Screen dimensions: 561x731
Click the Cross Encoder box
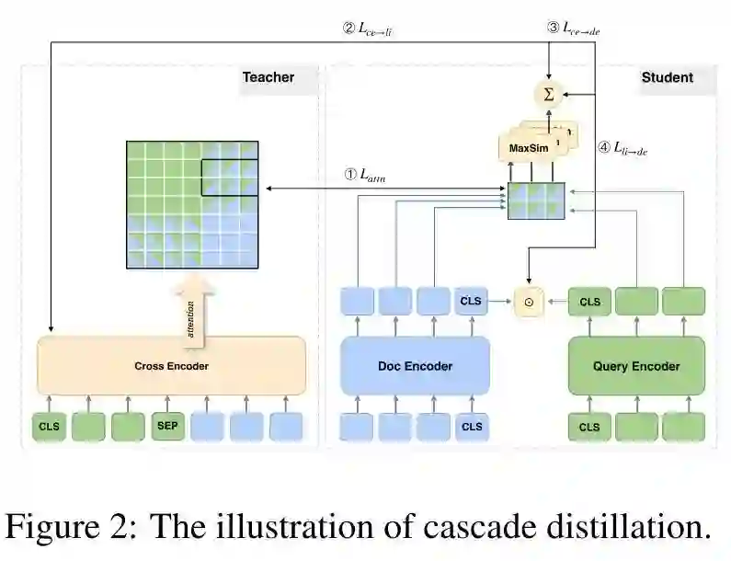pyautogui.click(x=171, y=366)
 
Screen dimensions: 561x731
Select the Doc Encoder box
pyautogui.click(x=415, y=366)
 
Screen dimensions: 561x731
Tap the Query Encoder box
pyautogui.click(x=636, y=366)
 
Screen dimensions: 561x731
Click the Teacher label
pyautogui.click(x=268, y=77)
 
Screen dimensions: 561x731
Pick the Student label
pyautogui.click(x=667, y=77)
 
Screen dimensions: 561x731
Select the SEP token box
pyautogui.click(x=166, y=426)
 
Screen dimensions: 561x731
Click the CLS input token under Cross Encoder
pyautogui.click(x=51, y=426)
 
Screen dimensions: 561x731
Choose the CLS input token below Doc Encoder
pyautogui.click(x=472, y=426)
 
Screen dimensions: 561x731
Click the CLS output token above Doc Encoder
pyautogui.click(x=472, y=301)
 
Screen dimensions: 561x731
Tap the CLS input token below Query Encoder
pyautogui.click(x=589, y=426)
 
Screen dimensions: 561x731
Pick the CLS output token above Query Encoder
pyautogui.click(x=589, y=301)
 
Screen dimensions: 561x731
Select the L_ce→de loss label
pyautogui.click(x=577, y=29)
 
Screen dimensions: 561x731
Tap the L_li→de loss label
pyautogui.click(x=624, y=147)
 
